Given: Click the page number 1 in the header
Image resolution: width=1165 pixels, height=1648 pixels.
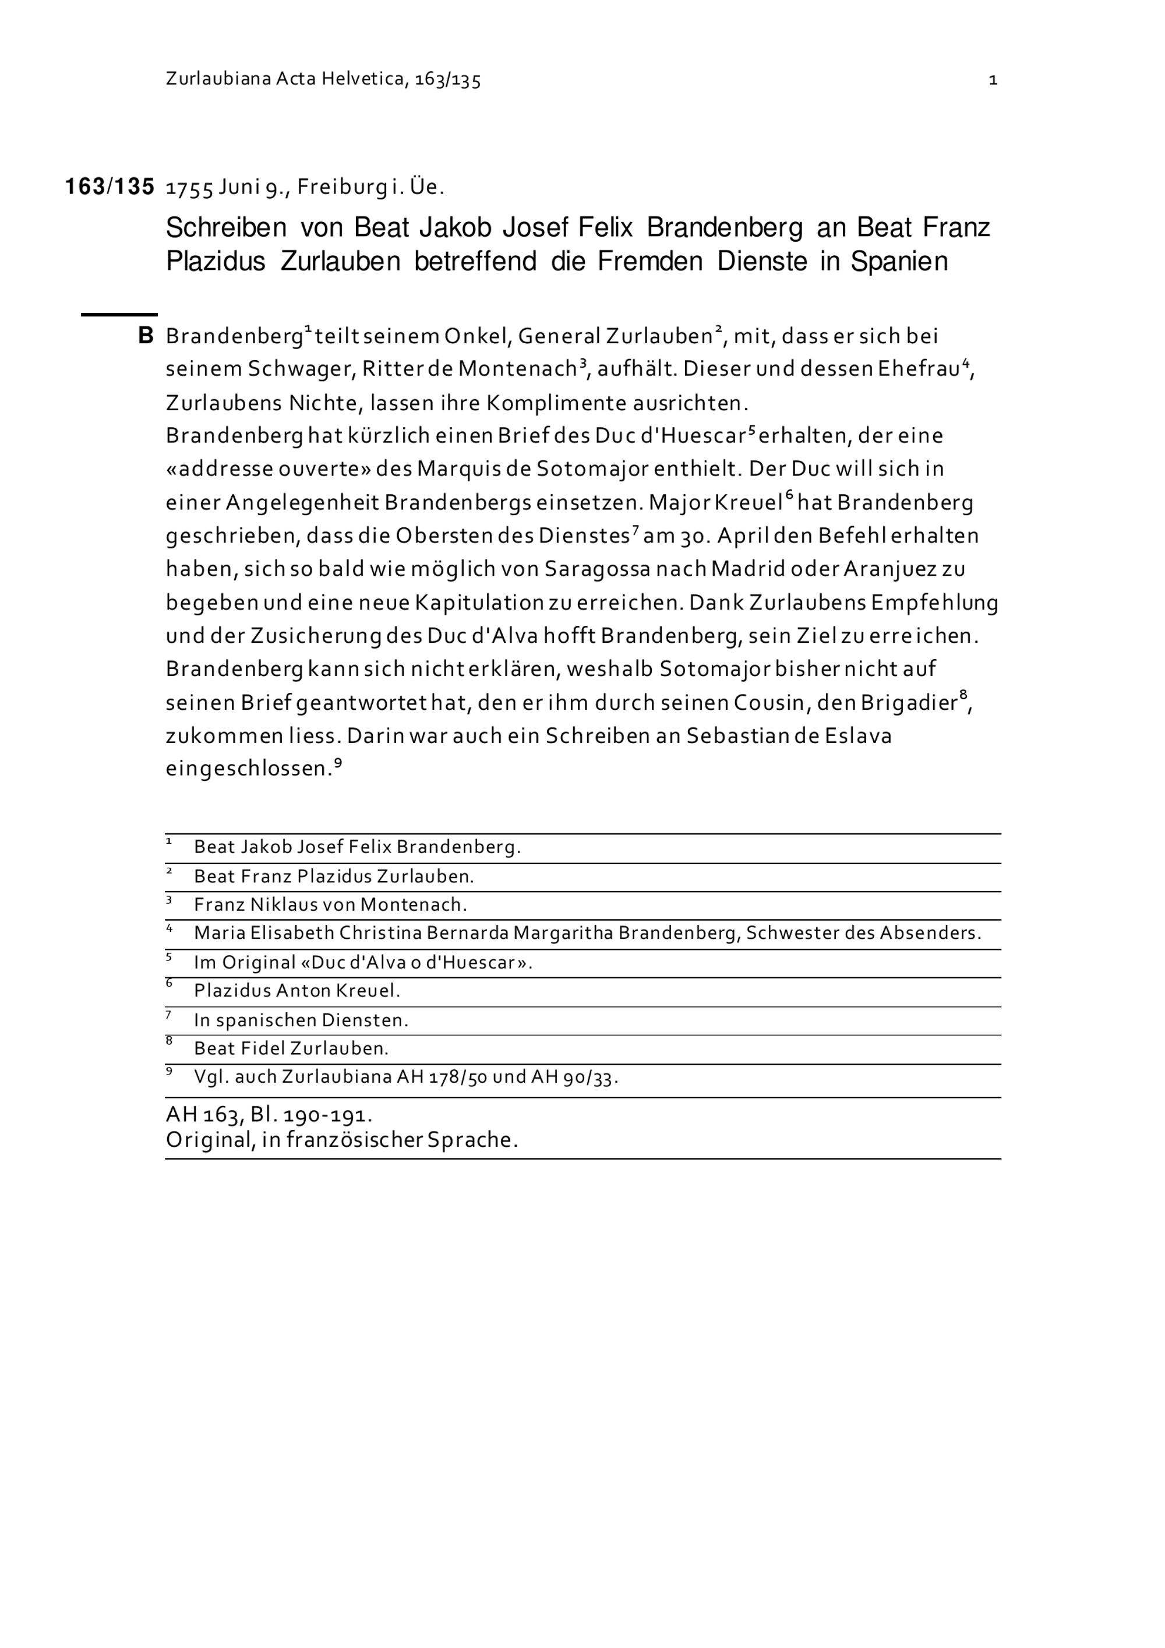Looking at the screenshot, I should coord(993,80).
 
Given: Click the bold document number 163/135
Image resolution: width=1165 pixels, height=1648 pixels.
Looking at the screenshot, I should coord(110,187).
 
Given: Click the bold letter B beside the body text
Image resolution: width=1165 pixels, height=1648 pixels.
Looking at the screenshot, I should coord(146,336).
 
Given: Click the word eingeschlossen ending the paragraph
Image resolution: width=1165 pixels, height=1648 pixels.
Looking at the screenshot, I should coord(249,769).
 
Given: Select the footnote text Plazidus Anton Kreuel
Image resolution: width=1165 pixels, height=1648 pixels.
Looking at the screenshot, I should coord(297,991).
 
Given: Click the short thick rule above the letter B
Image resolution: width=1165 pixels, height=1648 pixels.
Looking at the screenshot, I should coord(119,314).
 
